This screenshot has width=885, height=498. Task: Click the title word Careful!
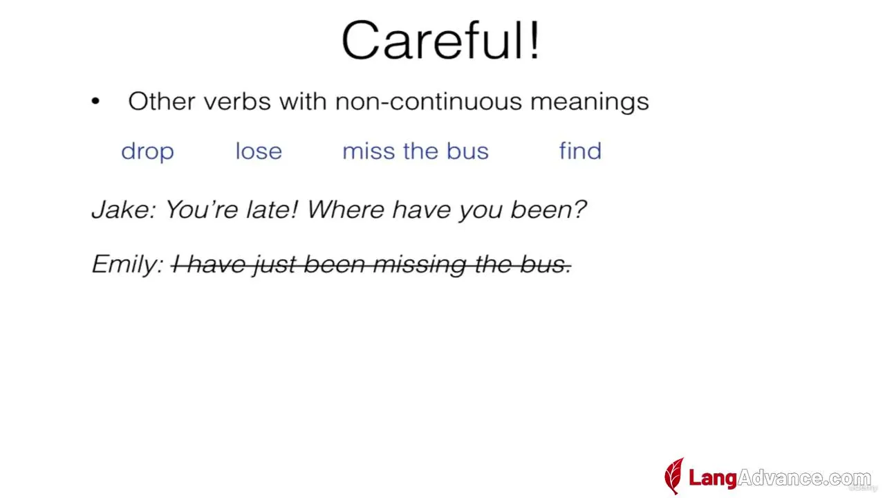pyautogui.click(x=441, y=40)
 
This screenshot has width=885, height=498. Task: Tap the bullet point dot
pyautogui.click(x=95, y=101)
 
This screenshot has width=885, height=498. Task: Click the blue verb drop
pyautogui.click(x=147, y=151)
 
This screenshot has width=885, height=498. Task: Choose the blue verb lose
pyautogui.click(x=259, y=151)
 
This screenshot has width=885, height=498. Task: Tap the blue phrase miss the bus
pyautogui.click(x=416, y=151)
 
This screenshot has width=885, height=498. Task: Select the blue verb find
pyautogui.click(x=580, y=151)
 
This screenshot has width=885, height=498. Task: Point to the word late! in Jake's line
pyautogui.click(x=272, y=209)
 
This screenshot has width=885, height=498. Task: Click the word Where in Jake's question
pyautogui.click(x=345, y=209)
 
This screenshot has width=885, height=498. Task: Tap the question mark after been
pyautogui.click(x=579, y=209)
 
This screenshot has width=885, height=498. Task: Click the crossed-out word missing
pyautogui.click(x=420, y=264)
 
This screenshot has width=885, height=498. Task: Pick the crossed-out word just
pyautogui.click(x=275, y=264)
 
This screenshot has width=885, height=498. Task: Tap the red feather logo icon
pyautogui.click(x=674, y=476)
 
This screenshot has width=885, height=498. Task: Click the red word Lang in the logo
pyautogui.click(x=713, y=478)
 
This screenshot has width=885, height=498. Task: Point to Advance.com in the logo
pyautogui.click(x=804, y=478)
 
